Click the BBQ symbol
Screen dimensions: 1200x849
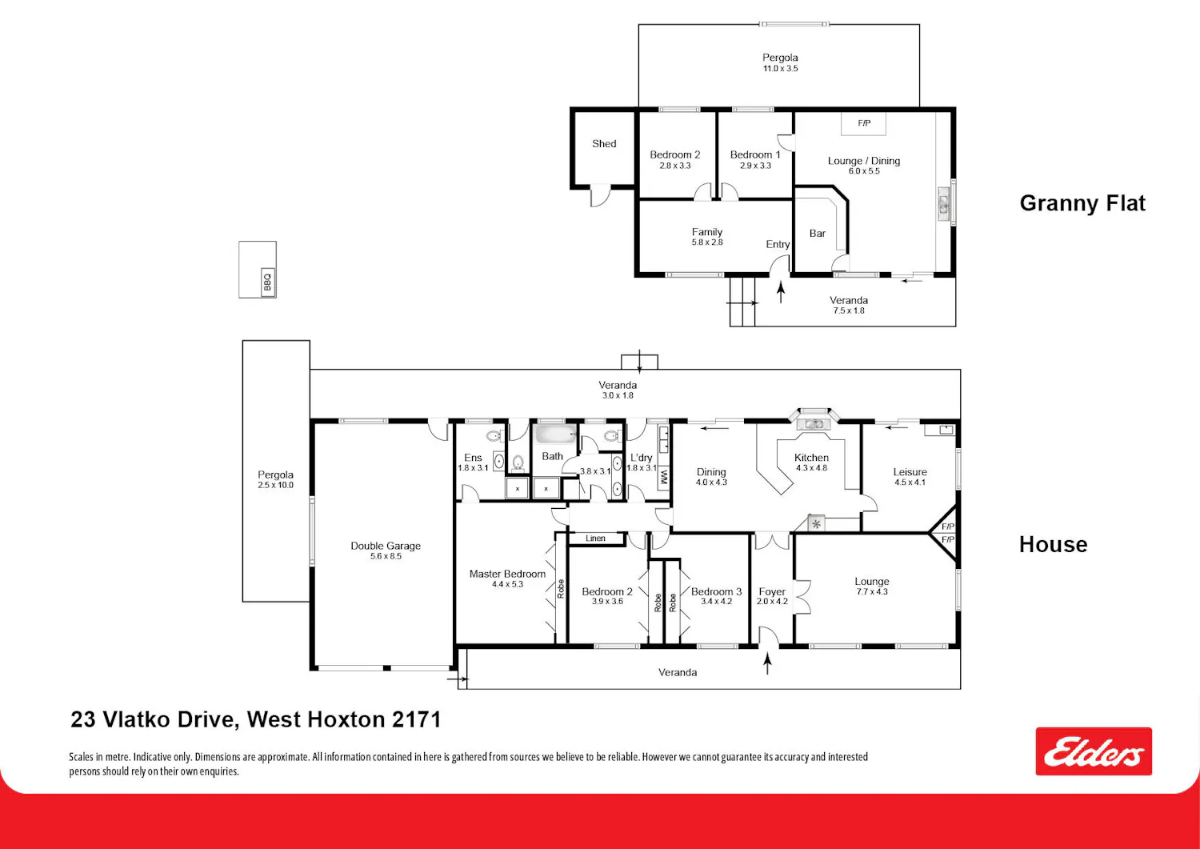pos(268,282)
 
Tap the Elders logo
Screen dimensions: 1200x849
pos(1094,751)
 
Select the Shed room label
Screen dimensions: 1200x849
pos(604,144)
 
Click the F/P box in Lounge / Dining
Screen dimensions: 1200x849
pos(863,124)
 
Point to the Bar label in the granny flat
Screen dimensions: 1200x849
pos(818,233)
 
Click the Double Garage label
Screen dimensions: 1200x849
pos(386,546)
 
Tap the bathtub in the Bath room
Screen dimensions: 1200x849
pos(557,434)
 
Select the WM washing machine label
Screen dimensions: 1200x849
pos(664,476)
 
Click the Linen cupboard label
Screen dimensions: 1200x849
pos(595,539)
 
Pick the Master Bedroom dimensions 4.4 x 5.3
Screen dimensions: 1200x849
pos(507,584)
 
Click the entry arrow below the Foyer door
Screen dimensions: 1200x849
pos(768,663)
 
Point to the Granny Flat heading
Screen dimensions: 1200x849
pos(1082,203)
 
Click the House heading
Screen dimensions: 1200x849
pos(1054,545)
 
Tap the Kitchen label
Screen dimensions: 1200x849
pos(811,457)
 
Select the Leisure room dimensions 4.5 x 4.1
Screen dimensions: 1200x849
pos(910,483)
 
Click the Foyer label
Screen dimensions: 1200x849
pos(772,591)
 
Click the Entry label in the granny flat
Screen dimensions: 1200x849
pos(778,244)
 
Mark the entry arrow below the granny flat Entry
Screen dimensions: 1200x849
pos(781,292)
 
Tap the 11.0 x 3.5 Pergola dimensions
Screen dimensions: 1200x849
pos(781,69)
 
